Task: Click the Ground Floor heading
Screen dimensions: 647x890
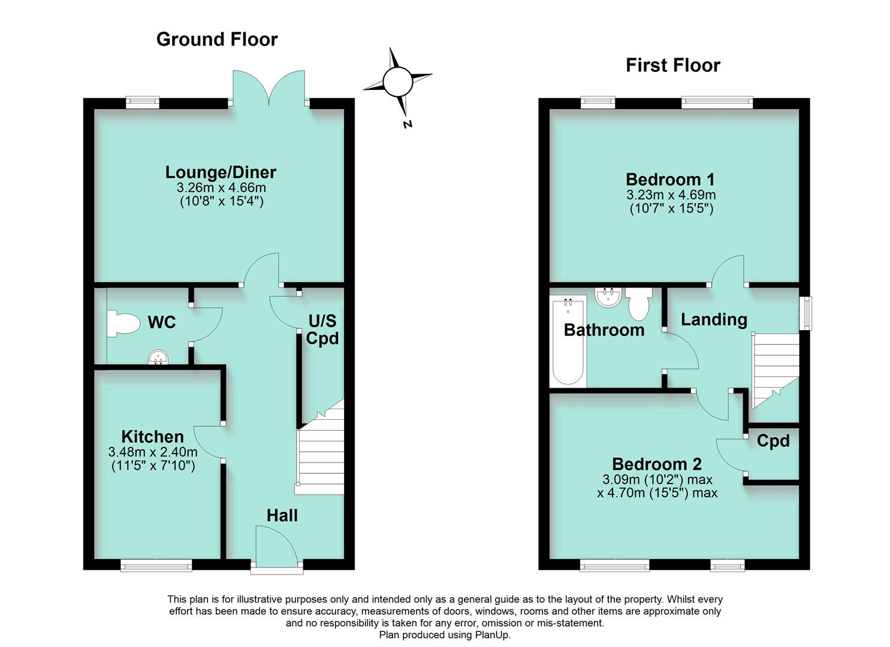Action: coord(217,40)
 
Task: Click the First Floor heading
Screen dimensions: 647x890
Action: coord(672,65)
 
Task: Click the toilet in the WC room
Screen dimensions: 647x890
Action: coord(122,324)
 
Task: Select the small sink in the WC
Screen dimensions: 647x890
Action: coord(158,358)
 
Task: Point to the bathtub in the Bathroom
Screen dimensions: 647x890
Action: coord(567,341)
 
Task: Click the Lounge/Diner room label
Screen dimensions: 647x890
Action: coord(221,173)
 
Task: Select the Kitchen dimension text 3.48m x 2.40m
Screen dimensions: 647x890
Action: coord(153,452)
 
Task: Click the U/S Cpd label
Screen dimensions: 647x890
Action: coord(322,329)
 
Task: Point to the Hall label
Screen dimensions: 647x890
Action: coord(282,515)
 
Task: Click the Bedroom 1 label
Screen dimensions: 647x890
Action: coord(670,179)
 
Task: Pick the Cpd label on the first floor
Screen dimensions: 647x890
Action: coord(773,442)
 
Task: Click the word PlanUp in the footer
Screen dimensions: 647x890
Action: coord(493,635)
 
